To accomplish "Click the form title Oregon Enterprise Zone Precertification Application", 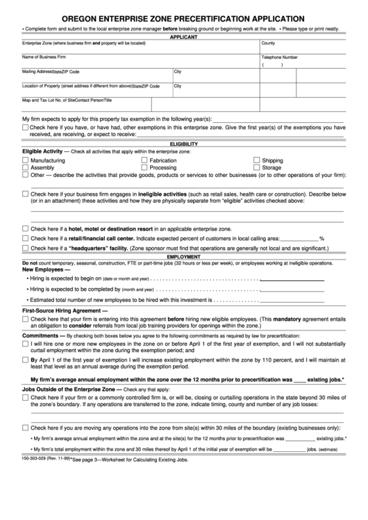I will [x=183, y=18].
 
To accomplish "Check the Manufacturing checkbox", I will [x=26, y=160].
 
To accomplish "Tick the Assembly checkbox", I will [x=26, y=167].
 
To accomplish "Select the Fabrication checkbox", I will [x=144, y=160].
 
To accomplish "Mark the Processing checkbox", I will [x=144, y=167].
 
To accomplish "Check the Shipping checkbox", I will [x=256, y=160].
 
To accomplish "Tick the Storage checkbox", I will [x=256, y=167].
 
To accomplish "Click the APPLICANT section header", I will [x=183, y=37].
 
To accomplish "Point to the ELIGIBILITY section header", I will [x=183, y=144].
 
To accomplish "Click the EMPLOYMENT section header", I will [x=183, y=256].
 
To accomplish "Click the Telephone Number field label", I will [x=280, y=58].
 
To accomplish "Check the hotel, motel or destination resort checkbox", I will [x=26, y=228].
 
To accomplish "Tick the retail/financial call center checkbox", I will [x=26, y=237].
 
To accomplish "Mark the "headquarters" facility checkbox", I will [x=26, y=247].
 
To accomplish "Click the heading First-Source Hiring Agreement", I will [x=65, y=311].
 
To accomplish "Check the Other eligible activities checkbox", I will [x=26, y=176].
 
